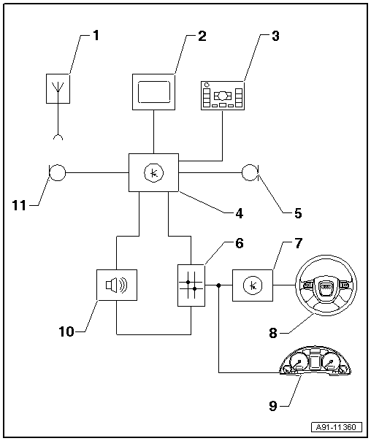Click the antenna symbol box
click(58, 88)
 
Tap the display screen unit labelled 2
click(153, 92)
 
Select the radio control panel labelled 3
click(223, 96)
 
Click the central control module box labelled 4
click(153, 173)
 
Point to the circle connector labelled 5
click(250, 172)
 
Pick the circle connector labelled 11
click(58, 172)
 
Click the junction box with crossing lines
click(191, 285)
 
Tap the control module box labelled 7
click(253, 285)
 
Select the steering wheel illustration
click(326, 285)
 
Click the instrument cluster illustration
click(315, 361)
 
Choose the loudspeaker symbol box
click(117, 285)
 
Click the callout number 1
click(96, 36)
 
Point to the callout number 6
click(239, 243)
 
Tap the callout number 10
click(66, 331)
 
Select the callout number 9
click(273, 406)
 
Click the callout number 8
click(273, 333)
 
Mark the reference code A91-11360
click(336, 427)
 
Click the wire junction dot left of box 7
click(218, 285)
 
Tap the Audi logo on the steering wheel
click(326, 286)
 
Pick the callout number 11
click(19, 205)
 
